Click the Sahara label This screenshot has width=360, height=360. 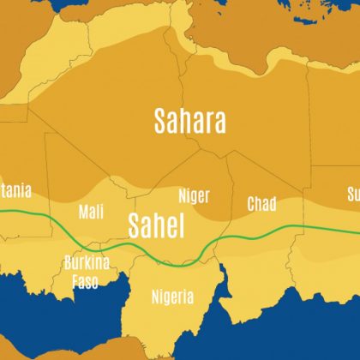point(189,121)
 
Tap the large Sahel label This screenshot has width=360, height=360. point(156,225)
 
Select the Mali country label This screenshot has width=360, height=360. point(91,211)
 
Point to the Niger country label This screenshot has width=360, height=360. point(194,195)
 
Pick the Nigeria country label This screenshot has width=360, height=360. point(171,297)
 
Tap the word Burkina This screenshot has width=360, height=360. point(87,262)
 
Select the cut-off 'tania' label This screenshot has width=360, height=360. point(15,190)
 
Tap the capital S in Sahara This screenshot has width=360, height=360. point(159,121)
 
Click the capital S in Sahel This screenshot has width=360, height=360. point(135,225)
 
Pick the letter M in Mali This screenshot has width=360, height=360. point(82,211)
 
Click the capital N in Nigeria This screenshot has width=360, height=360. point(154,297)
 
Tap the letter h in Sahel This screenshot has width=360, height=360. point(160,225)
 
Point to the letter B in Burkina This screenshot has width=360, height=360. point(69,262)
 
